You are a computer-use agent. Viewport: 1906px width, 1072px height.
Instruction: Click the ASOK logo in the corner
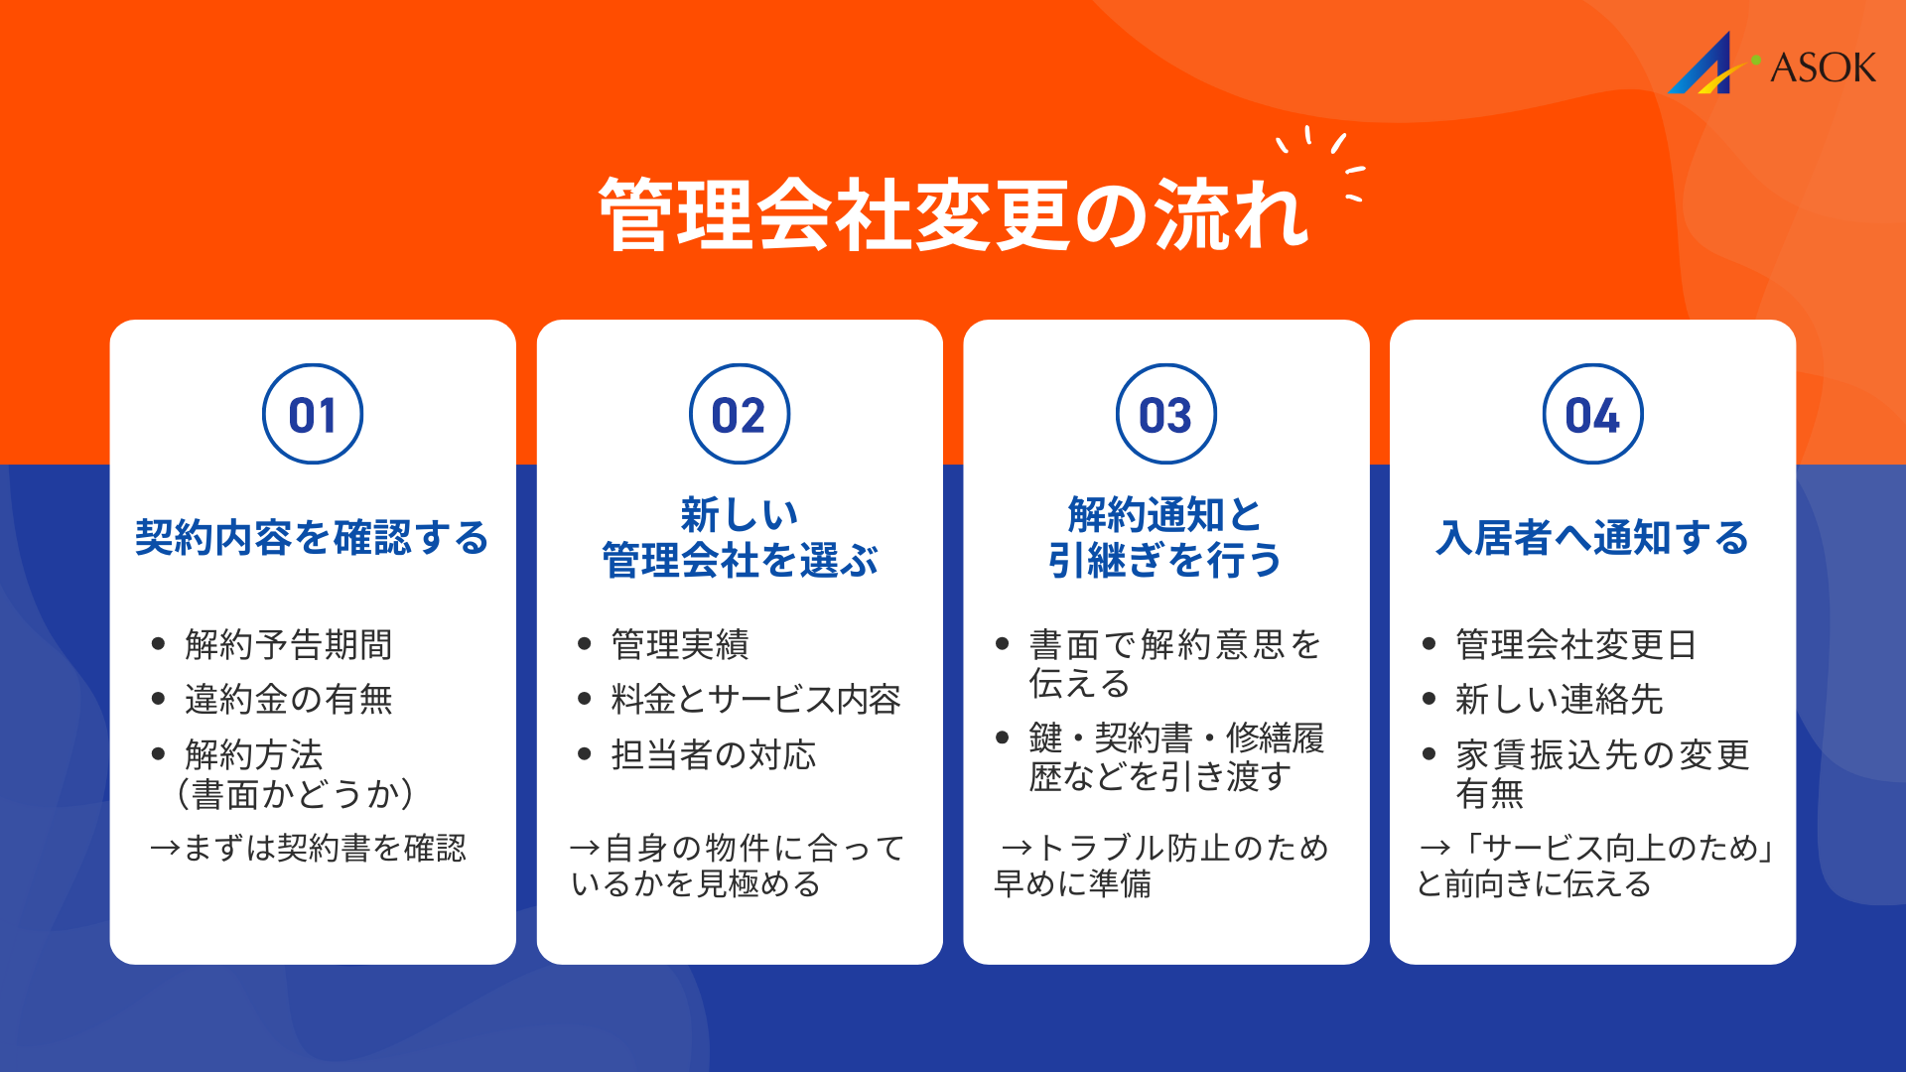point(1772,65)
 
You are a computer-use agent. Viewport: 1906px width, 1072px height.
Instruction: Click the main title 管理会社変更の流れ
point(953,214)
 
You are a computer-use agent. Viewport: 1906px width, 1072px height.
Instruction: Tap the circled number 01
point(313,414)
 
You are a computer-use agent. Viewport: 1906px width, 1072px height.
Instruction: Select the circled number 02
point(740,414)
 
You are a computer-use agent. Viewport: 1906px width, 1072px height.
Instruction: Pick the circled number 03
point(1166,414)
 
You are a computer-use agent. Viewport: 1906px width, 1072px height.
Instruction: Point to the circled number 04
point(1593,414)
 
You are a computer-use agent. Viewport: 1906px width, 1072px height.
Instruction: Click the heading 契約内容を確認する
point(313,538)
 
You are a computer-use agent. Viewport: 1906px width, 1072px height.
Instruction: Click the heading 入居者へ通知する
point(1592,538)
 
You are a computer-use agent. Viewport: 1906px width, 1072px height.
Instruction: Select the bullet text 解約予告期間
point(288,645)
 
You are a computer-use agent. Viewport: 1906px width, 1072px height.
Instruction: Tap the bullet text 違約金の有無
point(288,700)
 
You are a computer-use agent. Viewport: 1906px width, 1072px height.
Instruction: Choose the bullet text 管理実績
point(680,645)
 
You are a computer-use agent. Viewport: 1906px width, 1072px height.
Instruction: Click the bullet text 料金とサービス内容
point(755,700)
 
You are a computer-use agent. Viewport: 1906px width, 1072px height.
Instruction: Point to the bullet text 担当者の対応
point(714,755)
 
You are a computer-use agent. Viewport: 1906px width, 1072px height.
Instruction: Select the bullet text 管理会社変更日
point(1575,645)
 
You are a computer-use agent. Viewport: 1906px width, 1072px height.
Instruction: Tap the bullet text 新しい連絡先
point(1559,700)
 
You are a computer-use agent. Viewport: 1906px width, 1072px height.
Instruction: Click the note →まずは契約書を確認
point(308,849)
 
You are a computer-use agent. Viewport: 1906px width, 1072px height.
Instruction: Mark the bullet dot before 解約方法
point(158,754)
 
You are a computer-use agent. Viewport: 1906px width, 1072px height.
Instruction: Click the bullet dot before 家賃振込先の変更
point(1429,754)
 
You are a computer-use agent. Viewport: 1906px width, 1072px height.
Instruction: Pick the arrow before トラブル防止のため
point(1017,849)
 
